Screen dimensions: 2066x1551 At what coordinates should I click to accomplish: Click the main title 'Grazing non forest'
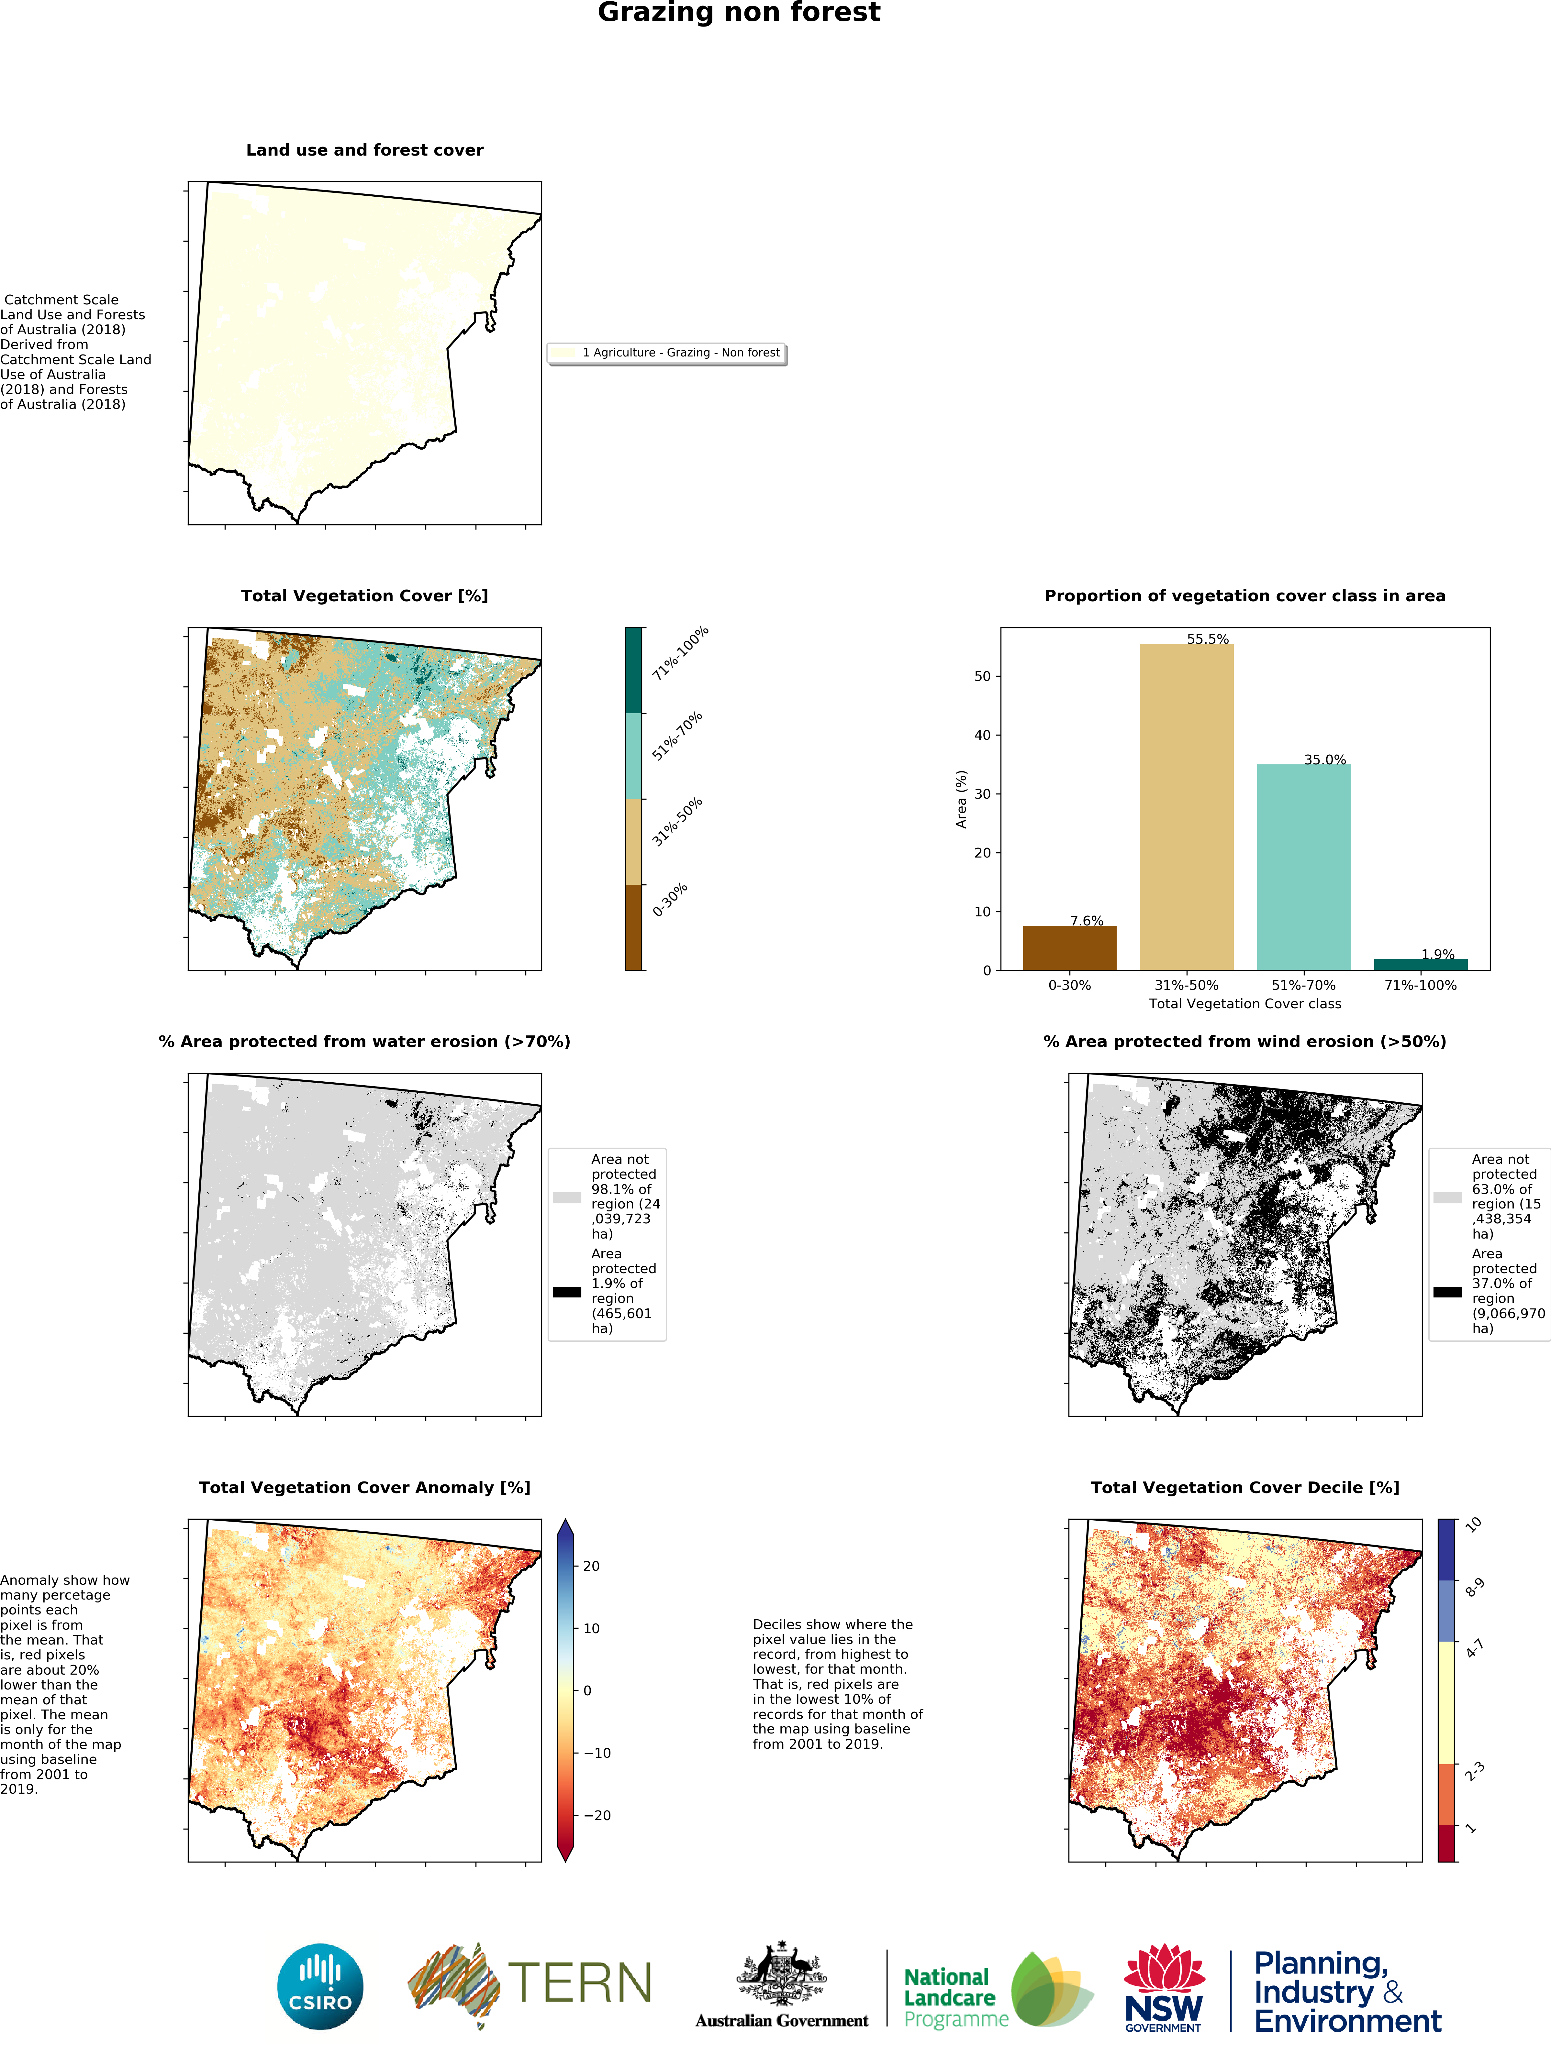pos(738,13)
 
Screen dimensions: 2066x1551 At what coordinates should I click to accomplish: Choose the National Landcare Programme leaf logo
pos(1051,1989)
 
